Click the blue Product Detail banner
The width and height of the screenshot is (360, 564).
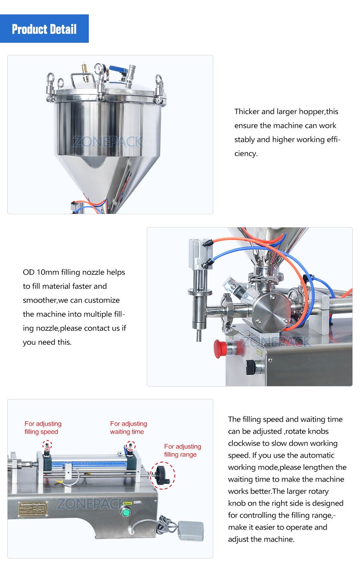pos(44,29)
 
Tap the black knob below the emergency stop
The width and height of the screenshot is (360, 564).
pos(251,367)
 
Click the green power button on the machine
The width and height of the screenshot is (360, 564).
pos(126,512)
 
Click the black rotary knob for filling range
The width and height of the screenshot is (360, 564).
pos(162,475)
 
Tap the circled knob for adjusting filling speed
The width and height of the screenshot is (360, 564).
pos(47,445)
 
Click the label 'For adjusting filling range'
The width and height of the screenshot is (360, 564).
pos(182,450)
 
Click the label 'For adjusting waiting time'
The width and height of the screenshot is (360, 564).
pos(128,428)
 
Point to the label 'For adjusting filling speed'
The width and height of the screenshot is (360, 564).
pos(43,428)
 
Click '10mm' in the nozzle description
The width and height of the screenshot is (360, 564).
pos(48,272)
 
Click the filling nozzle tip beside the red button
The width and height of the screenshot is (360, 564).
pos(198,337)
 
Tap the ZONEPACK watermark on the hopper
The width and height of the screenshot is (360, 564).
pos(108,141)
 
